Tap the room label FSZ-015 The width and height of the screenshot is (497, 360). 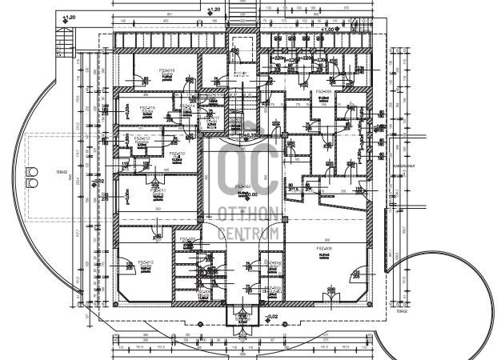tap(148, 108)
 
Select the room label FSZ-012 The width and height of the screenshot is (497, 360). tap(145, 262)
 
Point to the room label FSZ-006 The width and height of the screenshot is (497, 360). tap(323, 249)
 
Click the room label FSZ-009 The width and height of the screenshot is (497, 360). tap(323, 92)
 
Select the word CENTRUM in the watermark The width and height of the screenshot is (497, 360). tap(248, 233)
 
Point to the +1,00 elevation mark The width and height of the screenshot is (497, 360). tap(329, 30)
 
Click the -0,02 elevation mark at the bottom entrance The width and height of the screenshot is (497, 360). tap(272, 318)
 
